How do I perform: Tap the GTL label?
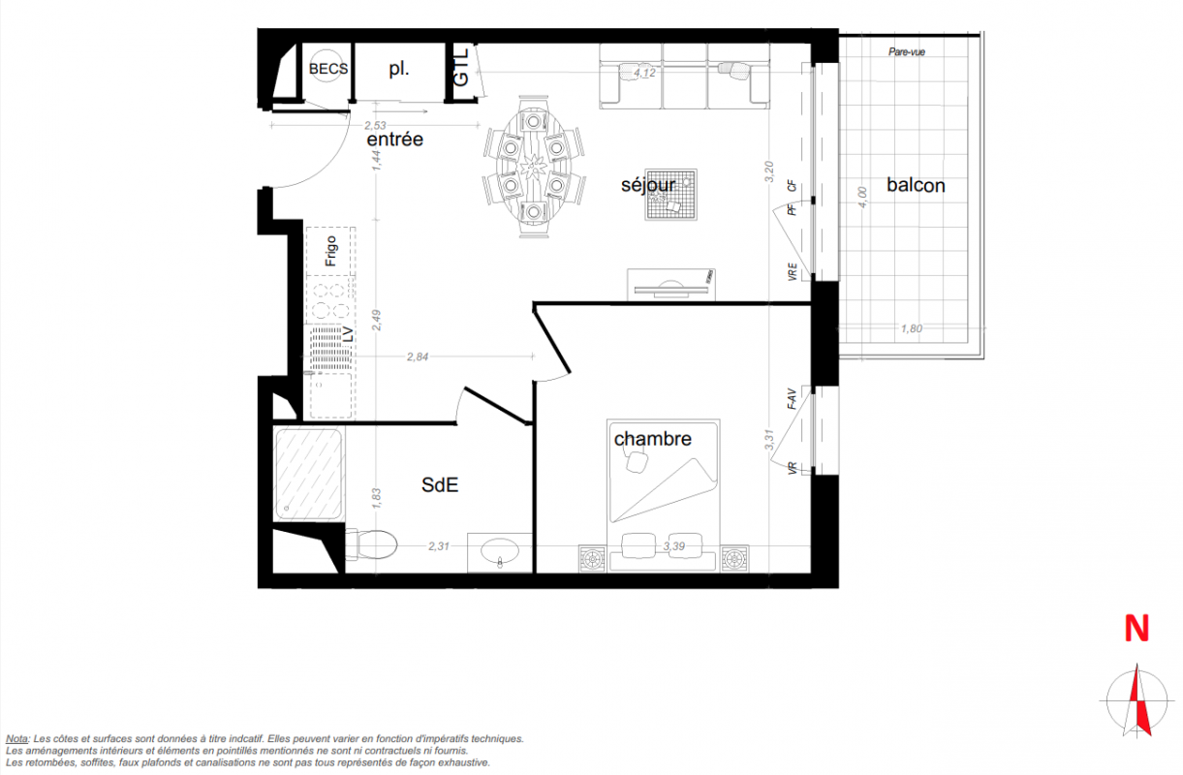point(461,68)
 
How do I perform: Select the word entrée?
point(394,139)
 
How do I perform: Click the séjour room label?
point(648,185)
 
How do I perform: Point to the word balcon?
point(916,185)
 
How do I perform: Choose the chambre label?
point(653,439)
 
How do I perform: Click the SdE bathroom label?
point(440,485)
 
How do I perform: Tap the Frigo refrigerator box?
point(330,251)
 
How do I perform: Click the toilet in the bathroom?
point(371,544)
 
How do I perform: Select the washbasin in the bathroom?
point(500,552)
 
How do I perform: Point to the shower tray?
point(308,475)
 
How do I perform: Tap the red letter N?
point(1136,629)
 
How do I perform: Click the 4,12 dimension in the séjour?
point(644,73)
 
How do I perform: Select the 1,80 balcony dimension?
point(912,328)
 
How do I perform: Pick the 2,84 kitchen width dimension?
point(418,356)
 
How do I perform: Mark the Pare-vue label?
point(907,52)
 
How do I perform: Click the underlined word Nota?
point(16,739)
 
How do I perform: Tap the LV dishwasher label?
point(348,335)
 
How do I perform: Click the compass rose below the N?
point(1137,701)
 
